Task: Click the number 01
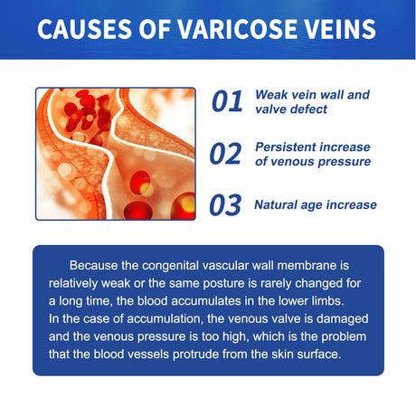(x=228, y=102)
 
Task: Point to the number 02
(x=228, y=154)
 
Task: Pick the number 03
(x=228, y=205)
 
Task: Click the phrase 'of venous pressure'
(x=313, y=162)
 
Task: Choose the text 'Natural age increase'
(x=316, y=204)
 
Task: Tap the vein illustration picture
(x=115, y=154)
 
